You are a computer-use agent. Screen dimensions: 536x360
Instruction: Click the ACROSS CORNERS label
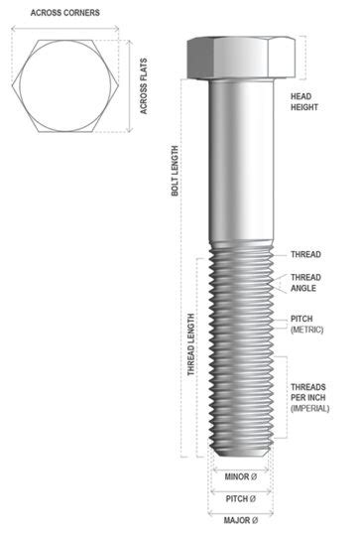64,12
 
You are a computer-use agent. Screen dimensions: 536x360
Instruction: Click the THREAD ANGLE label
305,283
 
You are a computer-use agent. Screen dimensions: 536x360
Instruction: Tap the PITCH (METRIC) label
307,324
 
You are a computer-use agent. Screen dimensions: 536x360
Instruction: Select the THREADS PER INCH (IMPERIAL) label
309,396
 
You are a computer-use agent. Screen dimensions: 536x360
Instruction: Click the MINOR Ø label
238,476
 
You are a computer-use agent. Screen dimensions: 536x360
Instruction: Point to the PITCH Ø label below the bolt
238,498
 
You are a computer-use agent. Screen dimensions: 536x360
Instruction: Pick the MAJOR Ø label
238,520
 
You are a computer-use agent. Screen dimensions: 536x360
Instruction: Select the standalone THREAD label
305,255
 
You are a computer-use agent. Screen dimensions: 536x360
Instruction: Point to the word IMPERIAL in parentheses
309,408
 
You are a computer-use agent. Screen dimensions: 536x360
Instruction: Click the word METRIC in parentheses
307,330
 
